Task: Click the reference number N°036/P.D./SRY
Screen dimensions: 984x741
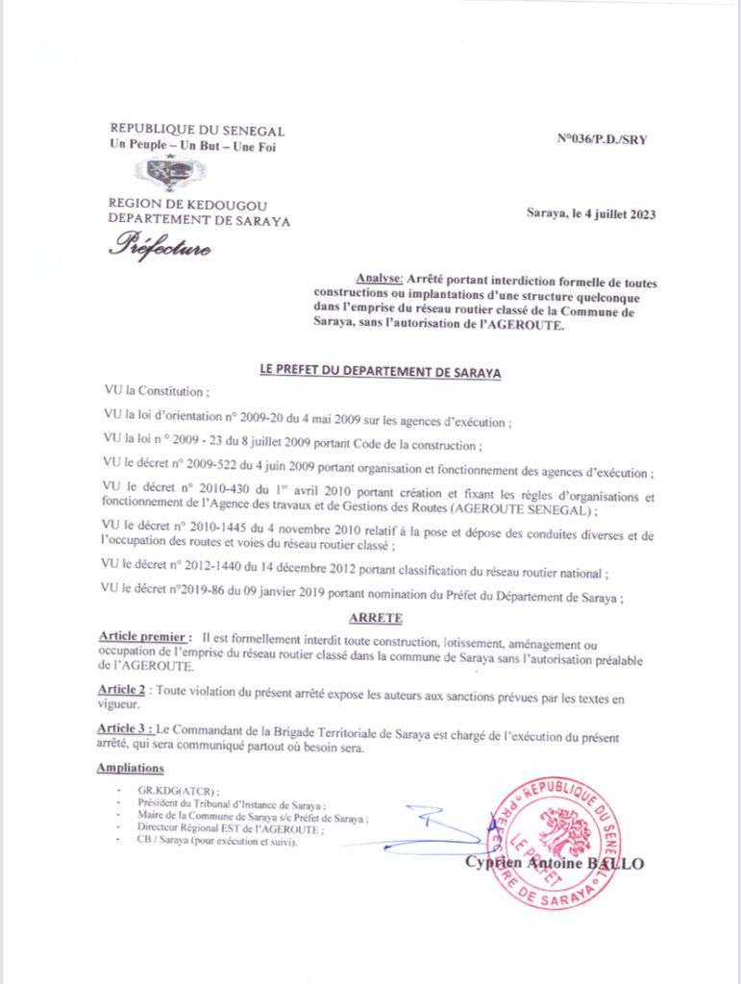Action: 602,139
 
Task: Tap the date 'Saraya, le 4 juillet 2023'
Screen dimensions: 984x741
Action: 591,214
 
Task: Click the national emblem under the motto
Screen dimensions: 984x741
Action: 169,174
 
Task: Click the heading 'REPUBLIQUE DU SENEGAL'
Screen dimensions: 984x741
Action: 197,131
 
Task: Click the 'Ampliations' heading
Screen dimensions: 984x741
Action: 130,768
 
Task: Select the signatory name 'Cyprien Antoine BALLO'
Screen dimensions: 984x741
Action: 554,863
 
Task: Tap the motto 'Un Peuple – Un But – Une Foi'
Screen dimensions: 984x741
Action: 193,147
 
